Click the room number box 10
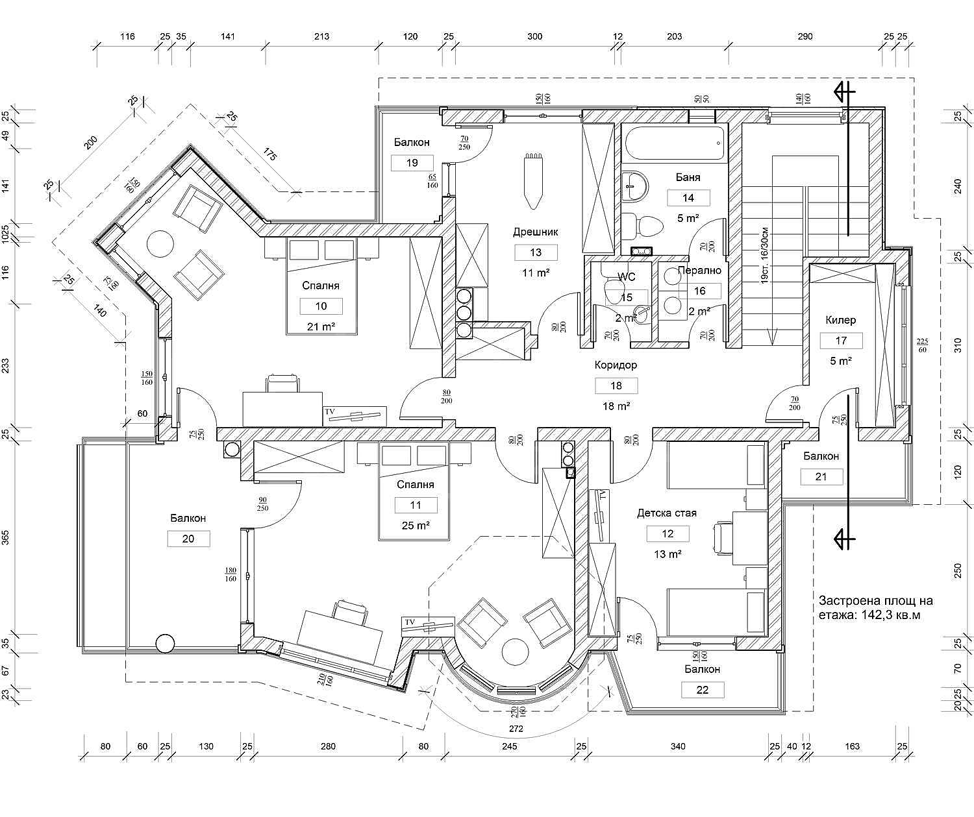[x=321, y=306]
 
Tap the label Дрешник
[x=535, y=232]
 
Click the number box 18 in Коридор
[x=616, y=386]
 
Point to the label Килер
[x=841, y=320]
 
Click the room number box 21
[x=821, y=477]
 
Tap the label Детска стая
[x=666, y=513]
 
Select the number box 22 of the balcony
[x=703, y=690]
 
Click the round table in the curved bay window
[x=515, y=652]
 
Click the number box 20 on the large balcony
[x=188, y=539]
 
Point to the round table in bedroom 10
[x=160, y=245]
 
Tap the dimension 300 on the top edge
[x=534, y=36]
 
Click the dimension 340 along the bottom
[x=677, y=746]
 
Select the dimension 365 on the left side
[x=6, y=538]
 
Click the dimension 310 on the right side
[x=956, y=345]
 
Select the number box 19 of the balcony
[x=412, y=163]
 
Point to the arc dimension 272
[x=517, y=729]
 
